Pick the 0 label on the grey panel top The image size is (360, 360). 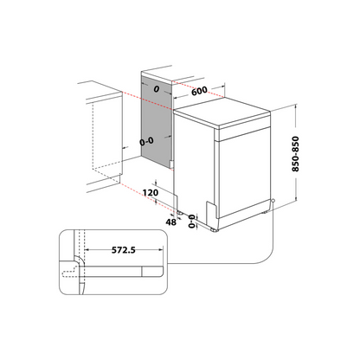point(157,91)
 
